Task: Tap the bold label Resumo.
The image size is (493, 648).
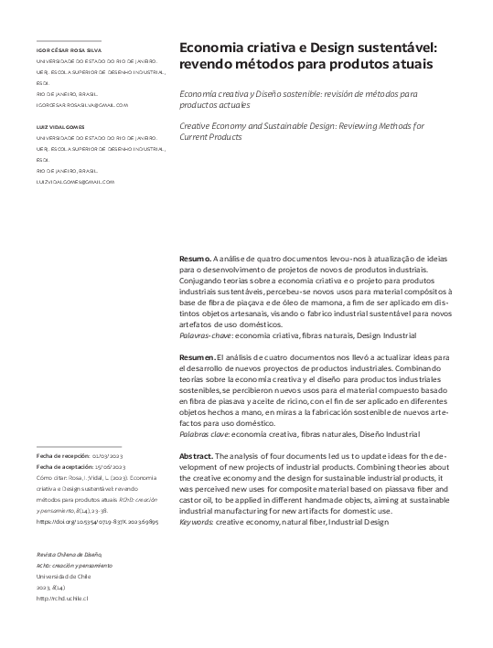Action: (196, 260)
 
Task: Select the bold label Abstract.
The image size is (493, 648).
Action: (197, 454)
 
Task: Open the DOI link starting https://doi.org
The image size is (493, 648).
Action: (97, 522)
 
